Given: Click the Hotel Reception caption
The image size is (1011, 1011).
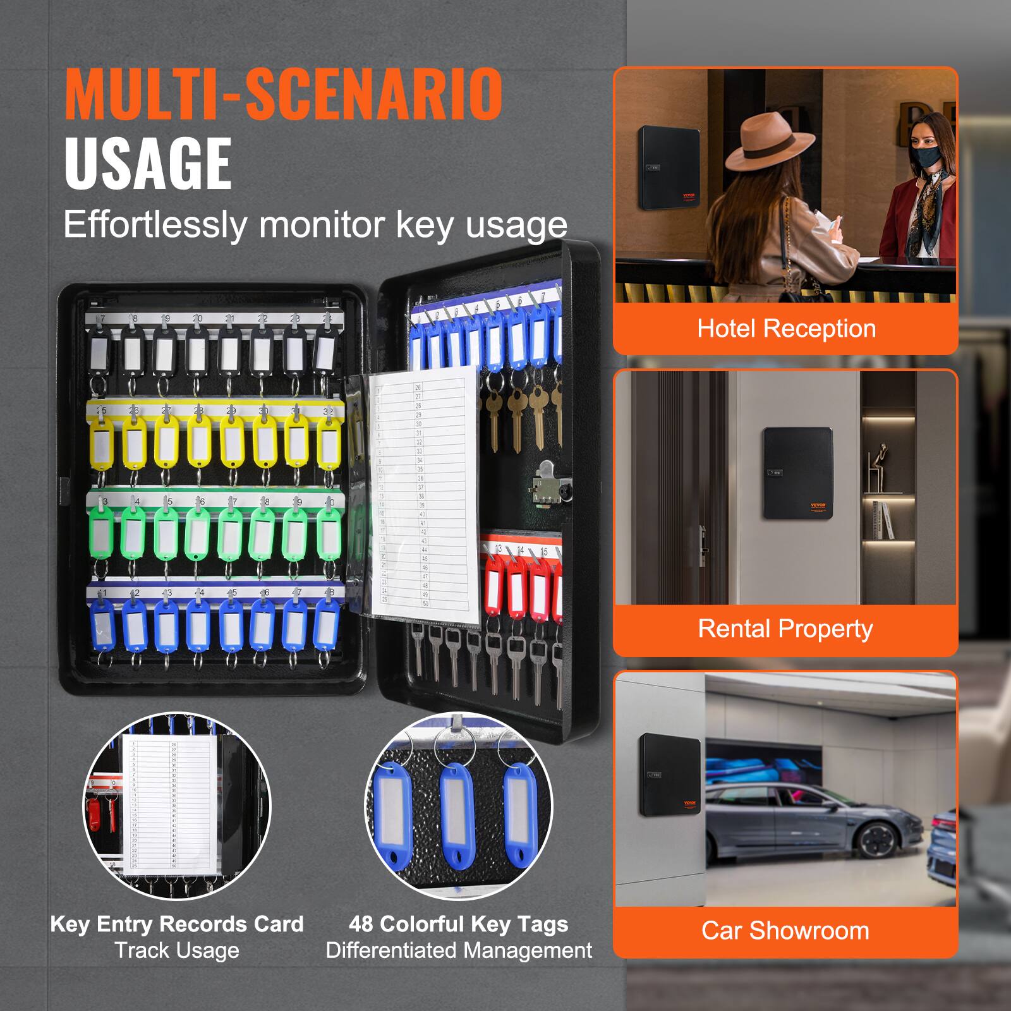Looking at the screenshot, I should click(x=786, y=329).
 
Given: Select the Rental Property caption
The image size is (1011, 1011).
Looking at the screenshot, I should click(x=785, y=629).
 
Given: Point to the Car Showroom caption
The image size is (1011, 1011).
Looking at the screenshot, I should click(x=785, y=931).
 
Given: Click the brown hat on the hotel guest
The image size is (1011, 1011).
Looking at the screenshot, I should click(x=768, y=143).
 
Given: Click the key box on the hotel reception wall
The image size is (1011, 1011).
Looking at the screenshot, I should click(x=668, y=169).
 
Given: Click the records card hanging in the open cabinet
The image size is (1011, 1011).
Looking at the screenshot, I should click(x=426, y=493).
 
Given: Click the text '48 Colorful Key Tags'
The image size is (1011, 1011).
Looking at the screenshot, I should click(x=459, y=924).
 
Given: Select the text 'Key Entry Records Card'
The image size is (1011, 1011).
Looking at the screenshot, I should click(x=177, y=924).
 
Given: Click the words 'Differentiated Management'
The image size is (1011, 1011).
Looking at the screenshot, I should click(x=459, y=951).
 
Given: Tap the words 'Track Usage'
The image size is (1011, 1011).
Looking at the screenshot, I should click(x=177, y=951).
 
